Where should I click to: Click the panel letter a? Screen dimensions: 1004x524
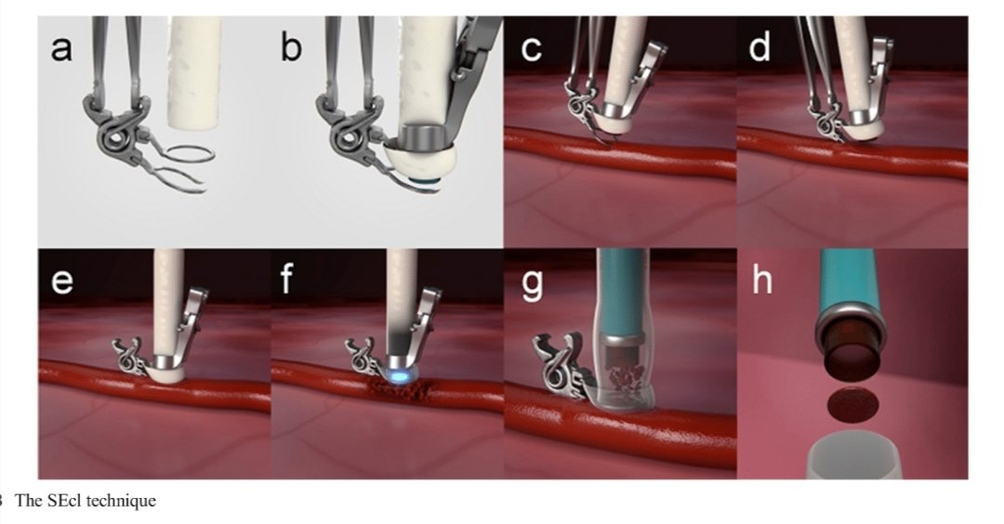click(60, 48)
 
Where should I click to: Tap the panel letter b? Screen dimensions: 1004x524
click(291, 46)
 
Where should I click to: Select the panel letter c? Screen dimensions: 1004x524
click(531, 48)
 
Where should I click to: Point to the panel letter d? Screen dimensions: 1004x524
click(760, 46)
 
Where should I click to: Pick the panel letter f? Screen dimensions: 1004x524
click(287, 279)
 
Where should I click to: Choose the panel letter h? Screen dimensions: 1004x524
click(762, 279)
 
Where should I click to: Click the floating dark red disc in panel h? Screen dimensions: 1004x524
click(852, 404)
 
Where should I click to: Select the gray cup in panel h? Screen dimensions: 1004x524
click(855, 457)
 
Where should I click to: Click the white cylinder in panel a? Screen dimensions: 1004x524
click(194, 71)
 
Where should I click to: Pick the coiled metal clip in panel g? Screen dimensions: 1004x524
click(561, 367)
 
